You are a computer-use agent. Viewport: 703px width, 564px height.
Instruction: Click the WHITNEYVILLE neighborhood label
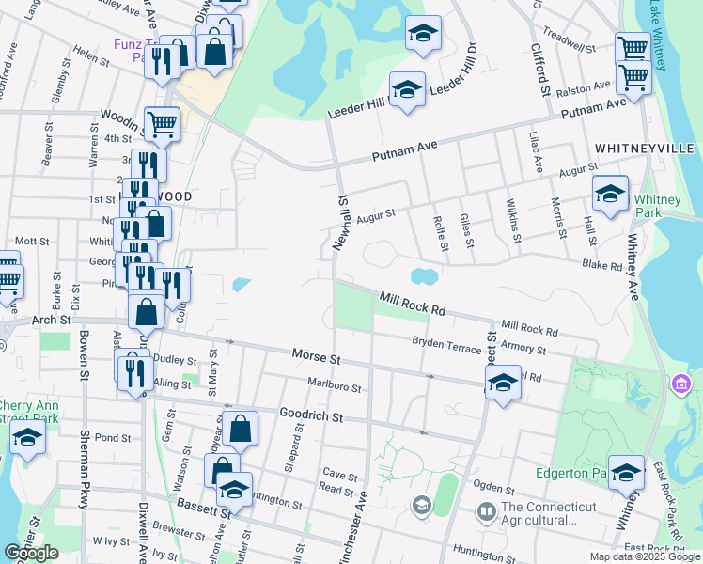click(x=644, y=149)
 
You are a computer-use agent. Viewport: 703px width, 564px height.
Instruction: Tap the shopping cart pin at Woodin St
click(x=163, y=124)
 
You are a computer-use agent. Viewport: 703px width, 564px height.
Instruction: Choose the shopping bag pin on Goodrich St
click(x=241, y=428)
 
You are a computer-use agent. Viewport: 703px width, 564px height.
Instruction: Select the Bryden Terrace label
click(x=446, y=346)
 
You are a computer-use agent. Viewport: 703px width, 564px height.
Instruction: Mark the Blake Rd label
click(x=601, y=265)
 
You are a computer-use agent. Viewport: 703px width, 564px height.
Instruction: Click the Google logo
click(x=32, y=553)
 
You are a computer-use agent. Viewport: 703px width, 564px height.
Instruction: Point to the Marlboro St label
click(x=334, y=384)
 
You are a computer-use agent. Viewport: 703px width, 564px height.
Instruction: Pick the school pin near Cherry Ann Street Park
click(x=27, y=438)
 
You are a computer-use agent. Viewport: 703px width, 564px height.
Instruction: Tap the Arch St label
click(x=53, y=321)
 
